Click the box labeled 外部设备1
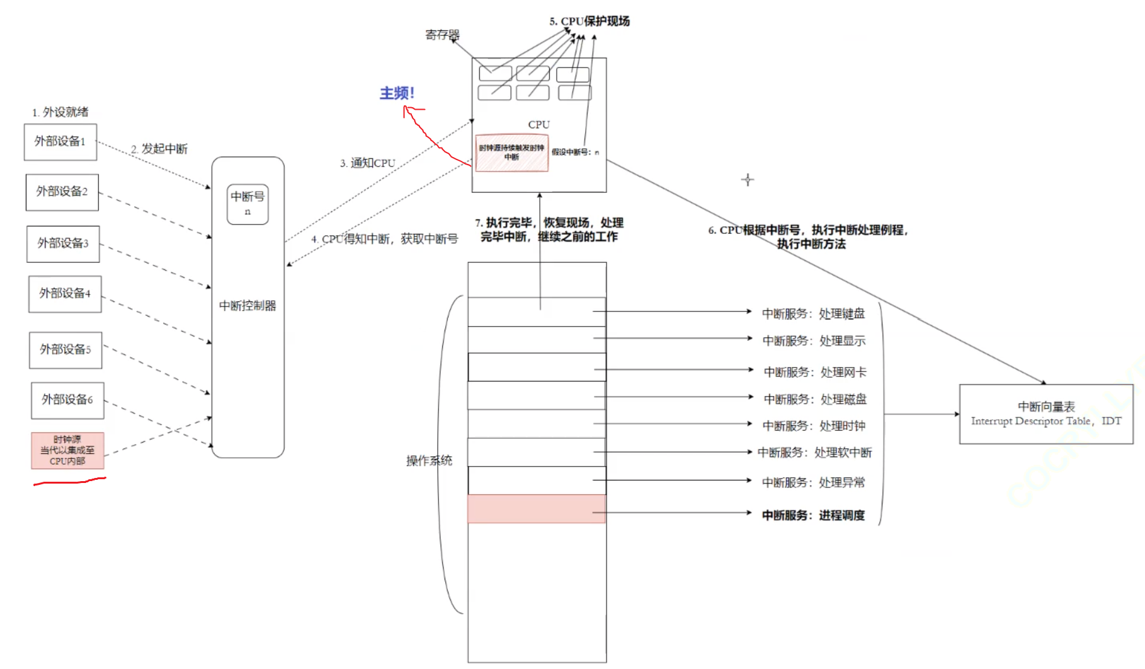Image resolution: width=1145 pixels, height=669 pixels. pos(60,142)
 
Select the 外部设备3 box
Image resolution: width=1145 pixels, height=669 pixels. pos(63,243)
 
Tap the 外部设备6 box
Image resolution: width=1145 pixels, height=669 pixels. pos(67,400)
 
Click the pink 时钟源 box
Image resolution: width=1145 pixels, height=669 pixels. pos(67,450)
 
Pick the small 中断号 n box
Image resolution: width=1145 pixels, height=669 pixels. pos(248,204)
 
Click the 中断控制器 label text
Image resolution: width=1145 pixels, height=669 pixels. pos(248,306)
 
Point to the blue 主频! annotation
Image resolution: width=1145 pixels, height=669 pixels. pos(397,93)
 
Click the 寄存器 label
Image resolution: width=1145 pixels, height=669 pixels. pos(442,35)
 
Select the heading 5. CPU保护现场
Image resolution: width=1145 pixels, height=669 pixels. pos(590,21)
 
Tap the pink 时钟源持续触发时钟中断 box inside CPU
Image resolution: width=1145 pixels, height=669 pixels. pos(511,153)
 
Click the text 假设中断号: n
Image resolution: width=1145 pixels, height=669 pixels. pos(576,152)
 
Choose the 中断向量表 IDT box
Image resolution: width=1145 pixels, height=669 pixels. pos(1046,414)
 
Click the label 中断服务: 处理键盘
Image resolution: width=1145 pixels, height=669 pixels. pos(813,313)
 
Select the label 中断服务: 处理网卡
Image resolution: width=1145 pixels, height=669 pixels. pos(815,372)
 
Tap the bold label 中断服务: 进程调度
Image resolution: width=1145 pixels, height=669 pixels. pos(813,515)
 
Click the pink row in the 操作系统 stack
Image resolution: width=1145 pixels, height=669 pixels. pos(537,509)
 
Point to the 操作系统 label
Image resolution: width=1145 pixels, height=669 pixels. pos(429,461)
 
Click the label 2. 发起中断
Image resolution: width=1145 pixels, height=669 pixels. pos(159,149)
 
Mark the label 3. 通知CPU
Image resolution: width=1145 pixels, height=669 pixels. pos(368,163)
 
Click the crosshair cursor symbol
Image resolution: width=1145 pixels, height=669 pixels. pos(748,180)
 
